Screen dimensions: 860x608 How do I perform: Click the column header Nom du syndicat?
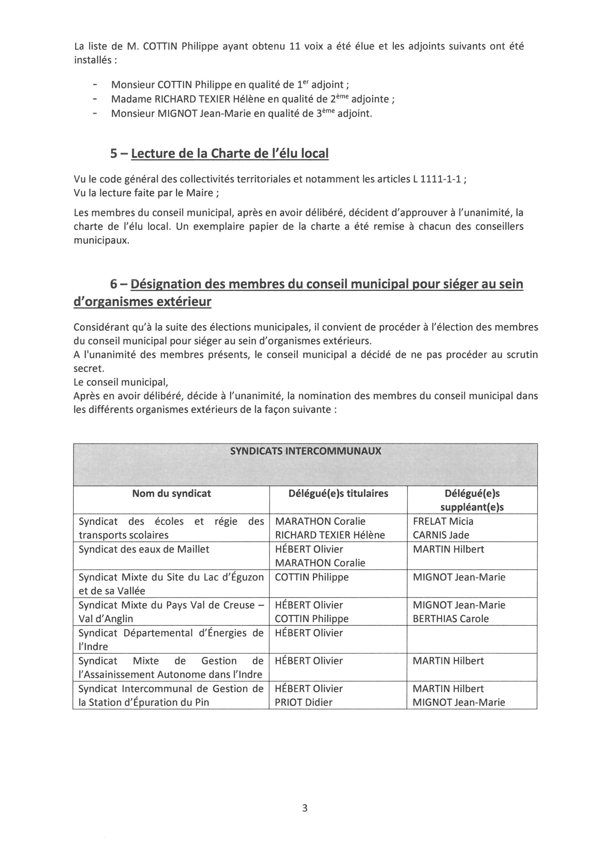(171, 494)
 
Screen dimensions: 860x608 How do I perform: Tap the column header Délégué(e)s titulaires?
(338, 494)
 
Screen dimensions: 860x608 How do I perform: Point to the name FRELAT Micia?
(443, 521)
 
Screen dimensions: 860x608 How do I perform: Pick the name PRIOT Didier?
(303, 702)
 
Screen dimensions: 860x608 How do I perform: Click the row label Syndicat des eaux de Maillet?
(144, 550)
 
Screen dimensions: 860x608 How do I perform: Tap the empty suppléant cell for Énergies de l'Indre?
(472, 640)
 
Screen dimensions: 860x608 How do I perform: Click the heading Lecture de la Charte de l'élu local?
(230, 154)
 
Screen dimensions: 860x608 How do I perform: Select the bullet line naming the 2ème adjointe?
(253, 99)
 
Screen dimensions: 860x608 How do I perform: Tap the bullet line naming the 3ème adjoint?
(242, 114)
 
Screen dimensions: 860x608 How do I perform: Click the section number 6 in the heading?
(114, 284)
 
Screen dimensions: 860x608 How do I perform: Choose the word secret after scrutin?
(88, 369)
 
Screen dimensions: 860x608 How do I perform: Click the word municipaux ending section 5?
(101, 241)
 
